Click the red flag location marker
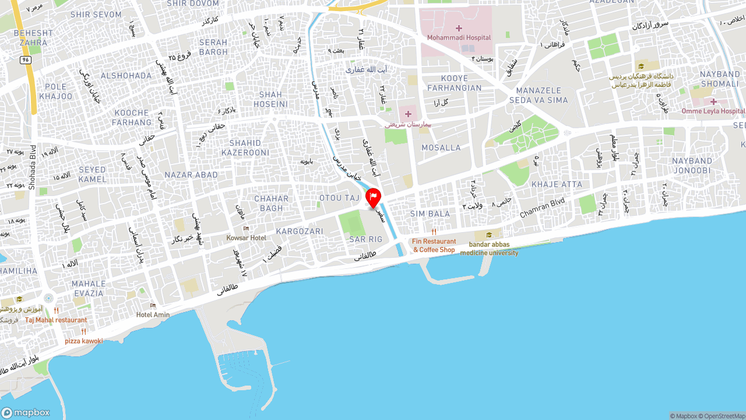click(x=373, y=198)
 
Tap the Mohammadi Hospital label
click(x=459, y=37)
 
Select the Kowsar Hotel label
click(x=246, y=238)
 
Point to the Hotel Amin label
click(x=153, y=315)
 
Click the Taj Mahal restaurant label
click(x=56, y=320)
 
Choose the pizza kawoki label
click(x=83, y=341)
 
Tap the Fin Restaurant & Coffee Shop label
click(x=434, y=246)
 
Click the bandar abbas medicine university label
click(x=489, y=249)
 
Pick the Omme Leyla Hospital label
click(x=713, y=111)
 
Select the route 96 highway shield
click(x=25, y=60)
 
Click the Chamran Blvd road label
click(x=542, y=207)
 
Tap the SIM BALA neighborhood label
click(x=430, y=214)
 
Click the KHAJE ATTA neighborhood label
click(x=557, y=184)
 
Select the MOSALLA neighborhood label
click(x=441, y=148)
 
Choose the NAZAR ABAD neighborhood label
click(x=191, y=175)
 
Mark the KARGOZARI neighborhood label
click(x=300, y=232)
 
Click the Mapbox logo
click(x=26, y=413)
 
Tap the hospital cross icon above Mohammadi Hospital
click(x=459, y=28)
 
